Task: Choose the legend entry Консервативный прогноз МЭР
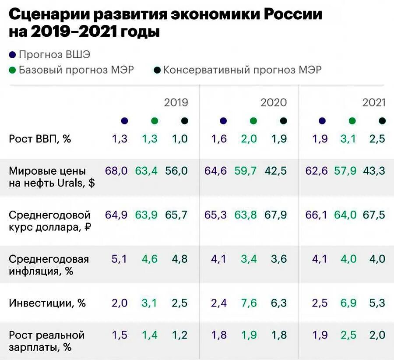pos(242,70)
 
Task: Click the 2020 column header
pos(274,102)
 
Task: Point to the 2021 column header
pos(374,102)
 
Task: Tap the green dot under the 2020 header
pos(253,121)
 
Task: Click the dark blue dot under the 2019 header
pos(124,121)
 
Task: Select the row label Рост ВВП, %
pos(40,139)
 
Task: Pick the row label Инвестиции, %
pos(47,303)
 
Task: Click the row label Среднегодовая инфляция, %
pos(49,265)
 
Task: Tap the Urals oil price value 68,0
pos(116,171)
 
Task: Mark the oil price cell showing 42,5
pos(275,171)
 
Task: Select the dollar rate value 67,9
pos(275,215)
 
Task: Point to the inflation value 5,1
pos(120,259)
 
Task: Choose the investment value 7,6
pos(249,303)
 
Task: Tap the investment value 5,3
pos(376,303)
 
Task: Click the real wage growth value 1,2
pos(179,335)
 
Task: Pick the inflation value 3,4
pos(249,259)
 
